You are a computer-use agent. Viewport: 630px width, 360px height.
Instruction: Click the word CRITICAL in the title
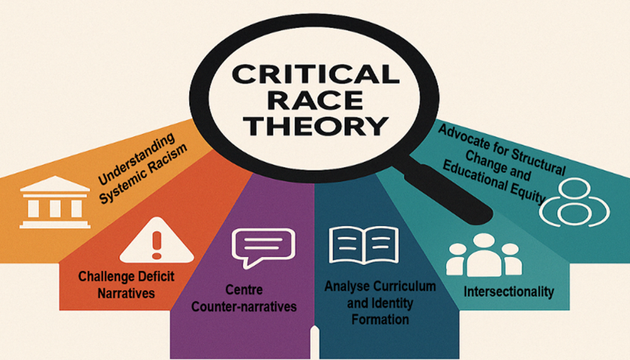click(315, 74)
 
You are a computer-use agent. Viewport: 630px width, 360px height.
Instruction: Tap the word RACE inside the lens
click(315, 100)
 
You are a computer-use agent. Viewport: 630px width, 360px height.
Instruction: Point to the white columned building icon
click(55, 202)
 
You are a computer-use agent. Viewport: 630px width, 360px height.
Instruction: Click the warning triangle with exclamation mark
click(157, 240)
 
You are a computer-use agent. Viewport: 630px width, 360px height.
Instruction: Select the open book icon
click(364, 245)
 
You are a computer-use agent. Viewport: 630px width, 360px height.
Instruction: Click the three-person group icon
click(484, 255)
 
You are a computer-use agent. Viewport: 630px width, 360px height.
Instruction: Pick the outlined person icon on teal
click(575, 203)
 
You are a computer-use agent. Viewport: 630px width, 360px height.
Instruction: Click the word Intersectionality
click(509, 291)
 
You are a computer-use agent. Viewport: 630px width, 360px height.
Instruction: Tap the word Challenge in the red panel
click(106, 277)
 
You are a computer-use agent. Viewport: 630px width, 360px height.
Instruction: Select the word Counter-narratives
click(244, 306)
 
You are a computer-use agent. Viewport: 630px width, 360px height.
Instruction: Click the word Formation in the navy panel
click(380, 319)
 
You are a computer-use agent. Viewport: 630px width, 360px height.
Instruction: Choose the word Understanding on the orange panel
click(137, 158)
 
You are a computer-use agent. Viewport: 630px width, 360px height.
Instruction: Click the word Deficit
click(157, 277)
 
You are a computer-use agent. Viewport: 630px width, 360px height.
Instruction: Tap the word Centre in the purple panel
click(244, 290)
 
